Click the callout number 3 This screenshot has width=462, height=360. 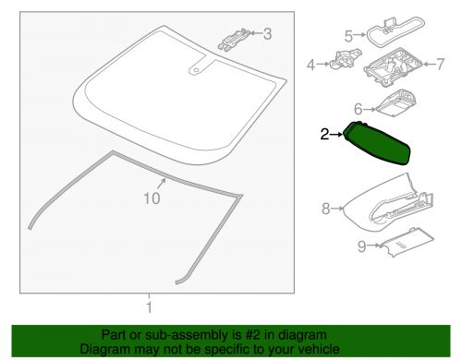pyautogui.click(x=268, y=35)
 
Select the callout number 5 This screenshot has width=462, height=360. pyautogui.click(x=349, y=36)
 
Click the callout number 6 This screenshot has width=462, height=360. pyautogui.click(x=357, y=107)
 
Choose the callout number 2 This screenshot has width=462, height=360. pyautogui.click(x=324, y=135)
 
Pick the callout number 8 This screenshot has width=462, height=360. pyautogui.click(x=325, y=210)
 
